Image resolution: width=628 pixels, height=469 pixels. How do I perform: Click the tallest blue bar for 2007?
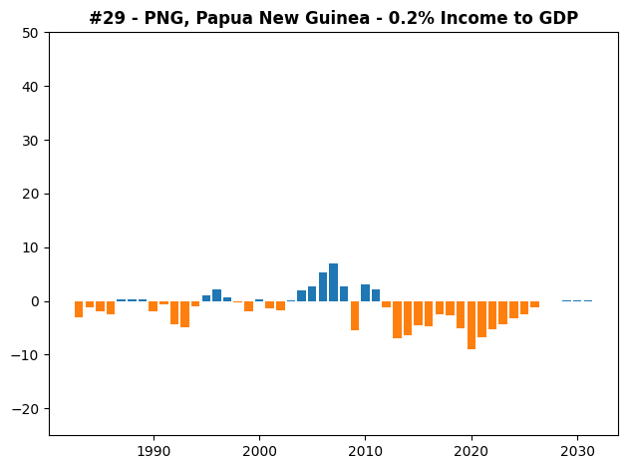point(333,282)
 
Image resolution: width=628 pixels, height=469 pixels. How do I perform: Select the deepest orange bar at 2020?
point(471,325)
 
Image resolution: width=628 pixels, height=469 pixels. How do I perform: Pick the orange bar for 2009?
point(355,316)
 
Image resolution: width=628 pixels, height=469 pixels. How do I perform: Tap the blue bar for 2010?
point(365,293)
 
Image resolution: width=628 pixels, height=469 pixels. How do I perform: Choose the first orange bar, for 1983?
point(79,309)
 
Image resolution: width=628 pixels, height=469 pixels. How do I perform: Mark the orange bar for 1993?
point(184,314)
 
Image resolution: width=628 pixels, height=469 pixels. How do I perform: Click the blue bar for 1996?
point(216,295)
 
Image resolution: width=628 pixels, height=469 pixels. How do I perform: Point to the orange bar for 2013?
point(398,320)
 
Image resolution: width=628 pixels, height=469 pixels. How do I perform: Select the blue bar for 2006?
point(323,287)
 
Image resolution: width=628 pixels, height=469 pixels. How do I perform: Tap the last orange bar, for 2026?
point(535,304)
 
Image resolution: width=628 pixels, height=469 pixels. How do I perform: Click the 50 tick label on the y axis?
point(30,33)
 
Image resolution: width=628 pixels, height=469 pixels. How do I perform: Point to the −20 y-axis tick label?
point(25,409)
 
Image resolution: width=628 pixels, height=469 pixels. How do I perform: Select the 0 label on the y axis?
point(35,301)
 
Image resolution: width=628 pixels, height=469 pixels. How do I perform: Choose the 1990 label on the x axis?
point(154,451)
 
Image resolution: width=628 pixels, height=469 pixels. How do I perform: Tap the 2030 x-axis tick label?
point(577,451)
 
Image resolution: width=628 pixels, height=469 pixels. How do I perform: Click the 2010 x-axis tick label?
point(365,451)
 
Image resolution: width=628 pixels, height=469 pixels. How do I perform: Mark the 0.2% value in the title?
point(412,18)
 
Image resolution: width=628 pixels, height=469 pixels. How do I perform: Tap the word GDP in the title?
point(560,18)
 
